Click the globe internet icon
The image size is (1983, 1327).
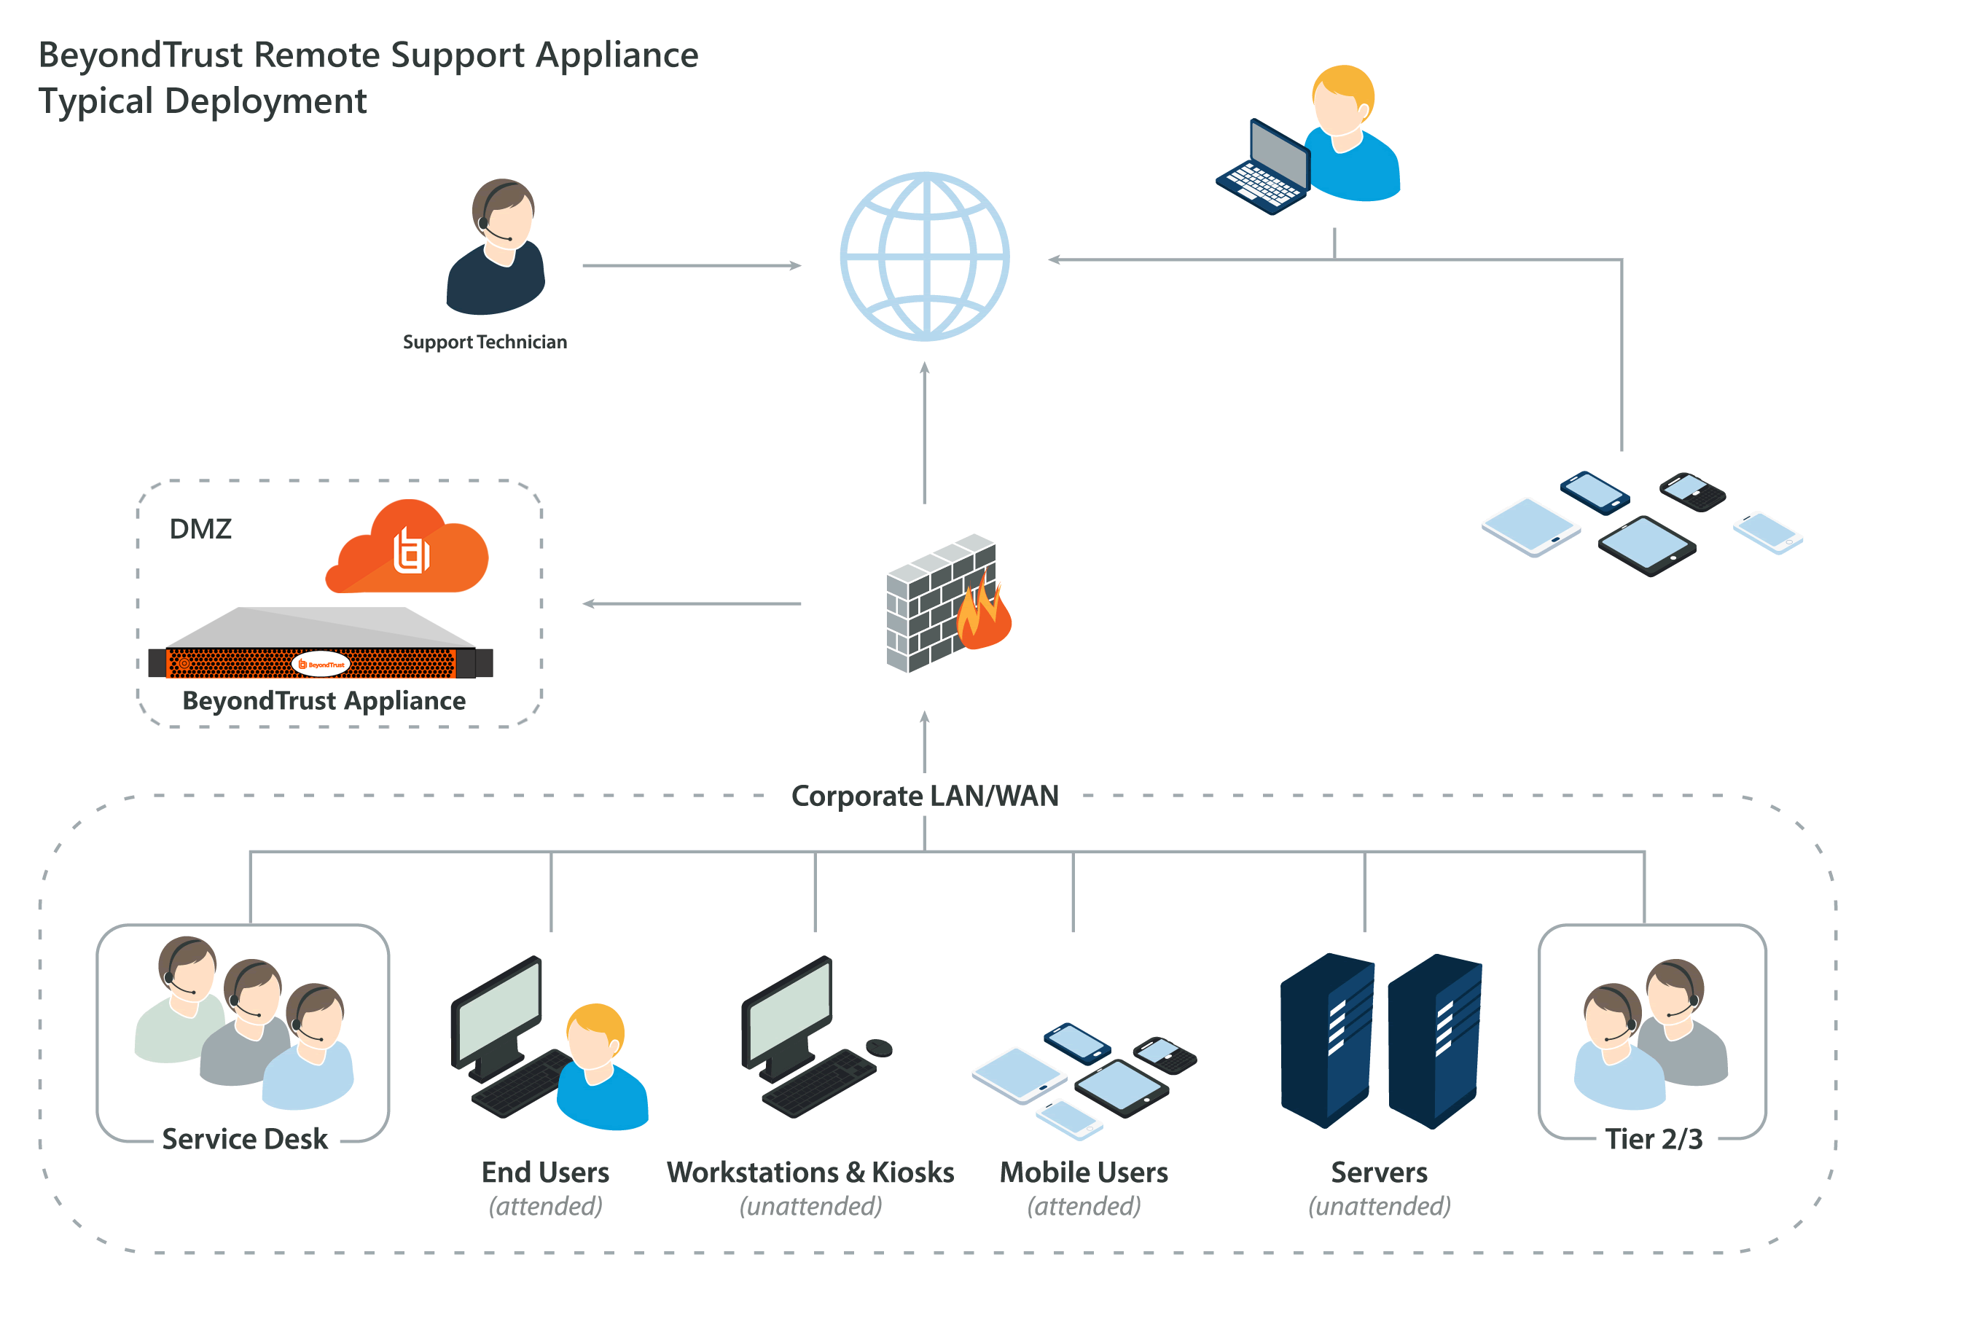pyautogui.click(x=924, y=257)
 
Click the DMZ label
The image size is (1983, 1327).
pyautogui.click(x=200, y=529)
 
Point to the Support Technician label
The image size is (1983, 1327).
pyautogui.click(x=485, y=342)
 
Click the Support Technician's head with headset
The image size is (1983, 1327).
pyautogui.click(x=503, y=211)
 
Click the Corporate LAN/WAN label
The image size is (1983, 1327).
pyautogui.click(x=924, y=796)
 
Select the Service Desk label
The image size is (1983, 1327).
pyautogui.click(x=245, y=1139)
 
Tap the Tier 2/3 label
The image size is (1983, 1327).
pyautogui.click(x=1653, y=1139)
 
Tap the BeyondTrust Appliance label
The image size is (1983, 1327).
pyautogui.click(x=324, y=701)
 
